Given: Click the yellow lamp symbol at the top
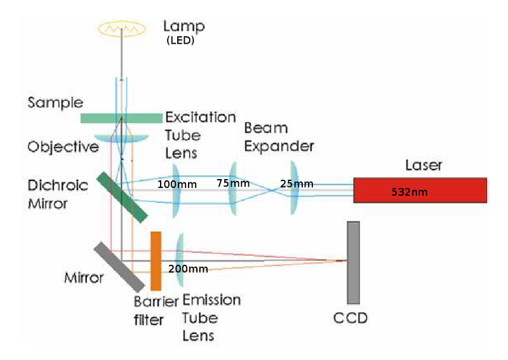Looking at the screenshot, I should (x=121, y=28).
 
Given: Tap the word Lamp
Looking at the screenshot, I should (x=185, y=27).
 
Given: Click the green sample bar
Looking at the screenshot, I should (x=121, y=118).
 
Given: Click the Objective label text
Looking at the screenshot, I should (x=63, y=147).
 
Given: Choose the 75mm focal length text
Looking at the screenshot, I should (x=233, y=183).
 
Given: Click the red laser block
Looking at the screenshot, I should (x=420, y=190).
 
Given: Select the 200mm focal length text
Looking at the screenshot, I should (x=188, y=269).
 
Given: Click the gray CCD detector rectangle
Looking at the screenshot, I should (x=354, y=262).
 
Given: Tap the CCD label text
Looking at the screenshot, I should (x=351, y=317).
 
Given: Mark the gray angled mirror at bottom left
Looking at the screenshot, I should (x=118, y=266).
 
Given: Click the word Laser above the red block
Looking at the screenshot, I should (x=423, y=166).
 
